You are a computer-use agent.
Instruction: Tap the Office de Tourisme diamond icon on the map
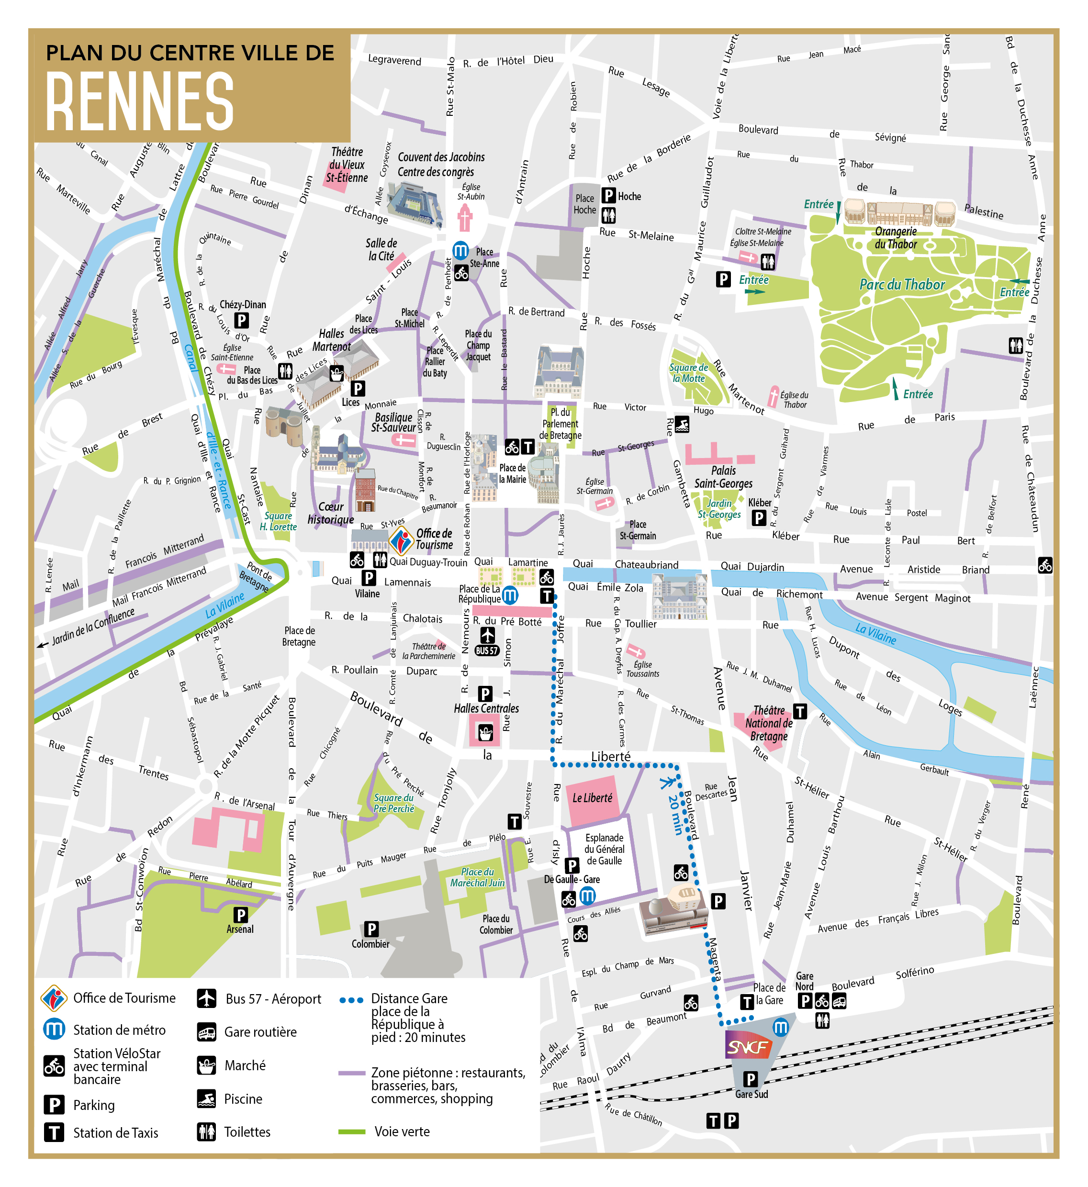point(402,539)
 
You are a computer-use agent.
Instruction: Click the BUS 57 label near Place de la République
point(487,650)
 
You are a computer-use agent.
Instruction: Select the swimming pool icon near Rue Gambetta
point(682,424)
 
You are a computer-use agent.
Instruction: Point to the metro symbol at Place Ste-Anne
point(460,251)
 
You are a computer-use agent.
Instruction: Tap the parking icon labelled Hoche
point(609,195)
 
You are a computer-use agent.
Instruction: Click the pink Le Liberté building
point(592,799)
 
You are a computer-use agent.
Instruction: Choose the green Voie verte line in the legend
point(352,1131)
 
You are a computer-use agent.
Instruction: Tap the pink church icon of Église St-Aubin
point(465,218)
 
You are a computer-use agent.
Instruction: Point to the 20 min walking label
point(676,815)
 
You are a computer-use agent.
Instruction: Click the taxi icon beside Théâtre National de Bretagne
point(799,711)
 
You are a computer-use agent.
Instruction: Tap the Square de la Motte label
point(689,373)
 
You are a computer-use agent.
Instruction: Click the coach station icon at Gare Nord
point(839,1001)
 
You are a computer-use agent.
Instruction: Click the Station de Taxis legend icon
point(54,1132)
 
